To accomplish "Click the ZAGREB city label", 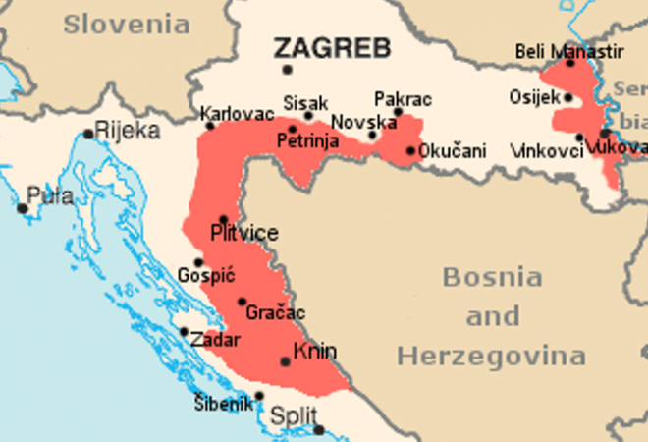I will tap(332, 48).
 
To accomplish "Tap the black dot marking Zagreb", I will tap(287, 70).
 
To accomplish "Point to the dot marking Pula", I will tap(23, 208).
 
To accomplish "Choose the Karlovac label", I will tap(238, 114).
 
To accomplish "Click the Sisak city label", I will tap(299, 102).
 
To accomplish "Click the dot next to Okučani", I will tap(410, 151).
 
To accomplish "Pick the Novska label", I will tap(362, 122).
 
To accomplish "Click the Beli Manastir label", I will tap(556, 50).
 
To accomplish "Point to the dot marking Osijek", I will tap(568, 97).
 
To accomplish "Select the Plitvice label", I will tap(243, 234).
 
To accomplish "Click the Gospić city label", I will tap(206, 275).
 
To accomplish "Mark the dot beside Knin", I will tap(286, 361).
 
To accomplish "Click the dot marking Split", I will tap(318, 429).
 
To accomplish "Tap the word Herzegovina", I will tap(491, 355).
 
